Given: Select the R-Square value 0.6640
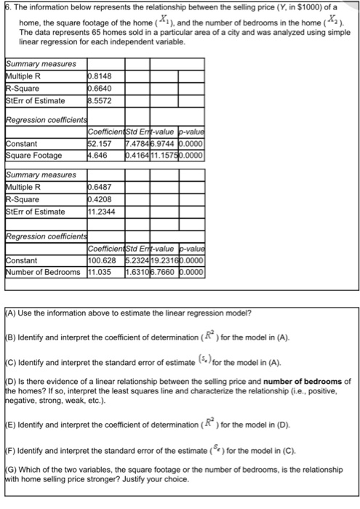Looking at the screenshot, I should click(99, 87).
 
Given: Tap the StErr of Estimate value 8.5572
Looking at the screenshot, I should click(99, 101).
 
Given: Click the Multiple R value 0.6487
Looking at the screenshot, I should click(99, 188).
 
